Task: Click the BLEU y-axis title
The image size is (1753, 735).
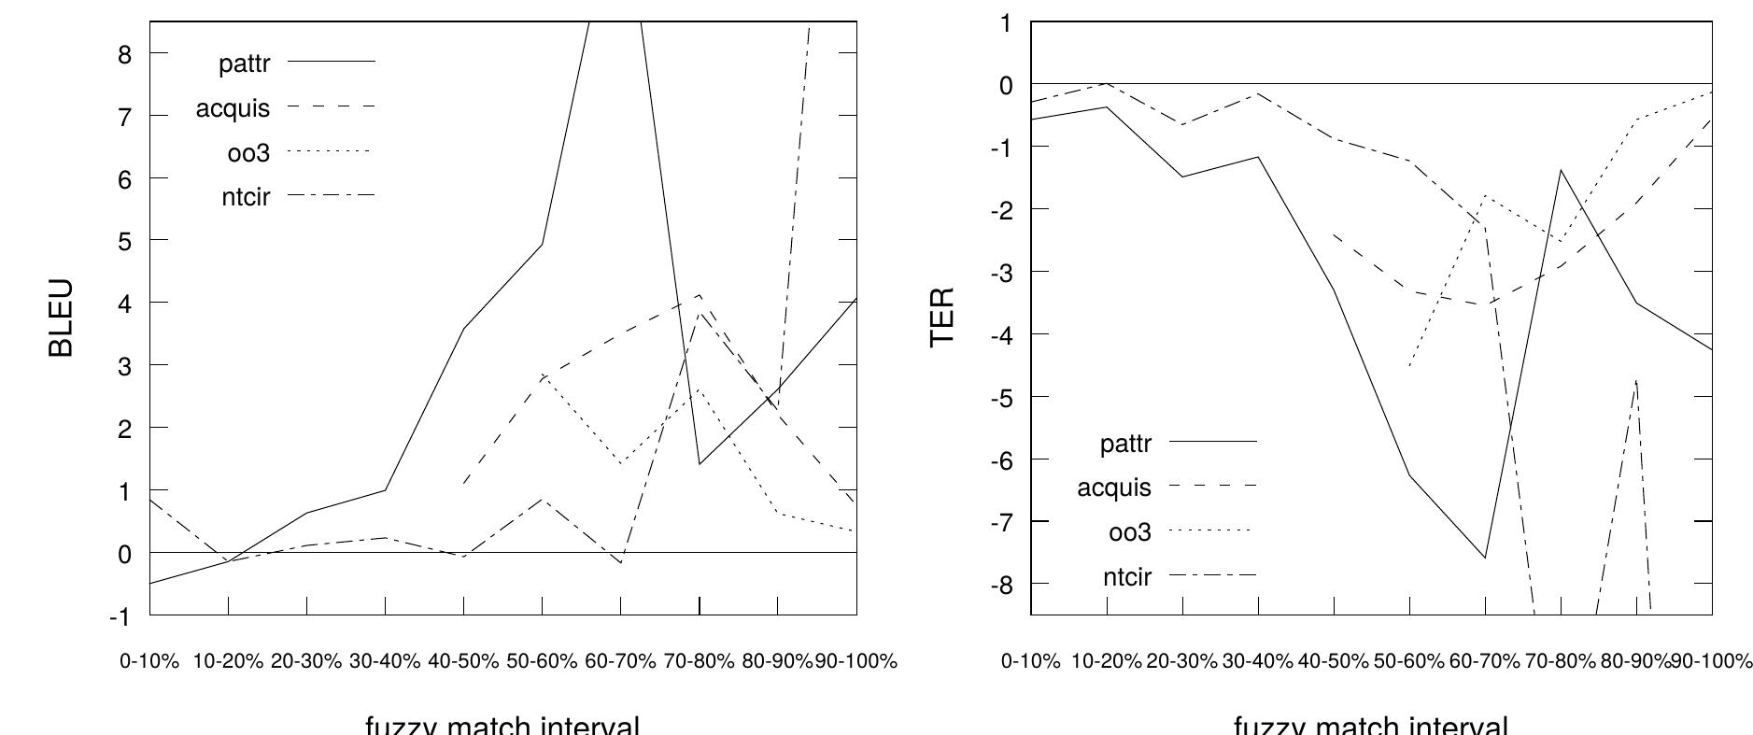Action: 61,318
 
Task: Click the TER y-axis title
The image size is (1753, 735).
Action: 942,317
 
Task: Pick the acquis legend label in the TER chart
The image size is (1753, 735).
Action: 1114,487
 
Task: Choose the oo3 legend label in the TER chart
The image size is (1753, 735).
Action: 1130,532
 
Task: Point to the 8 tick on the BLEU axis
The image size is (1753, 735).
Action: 125,54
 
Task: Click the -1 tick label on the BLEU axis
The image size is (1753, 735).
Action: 120,616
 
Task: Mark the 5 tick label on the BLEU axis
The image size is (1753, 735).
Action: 125,241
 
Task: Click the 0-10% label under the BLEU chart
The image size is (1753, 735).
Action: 149,661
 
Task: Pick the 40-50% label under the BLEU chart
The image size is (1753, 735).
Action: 463,661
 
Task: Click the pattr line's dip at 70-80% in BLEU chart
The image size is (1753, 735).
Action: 700,464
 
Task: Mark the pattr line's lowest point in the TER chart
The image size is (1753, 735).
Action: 1485,558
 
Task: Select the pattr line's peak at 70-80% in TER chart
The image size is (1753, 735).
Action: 1561,170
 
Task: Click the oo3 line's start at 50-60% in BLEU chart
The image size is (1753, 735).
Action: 543,374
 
